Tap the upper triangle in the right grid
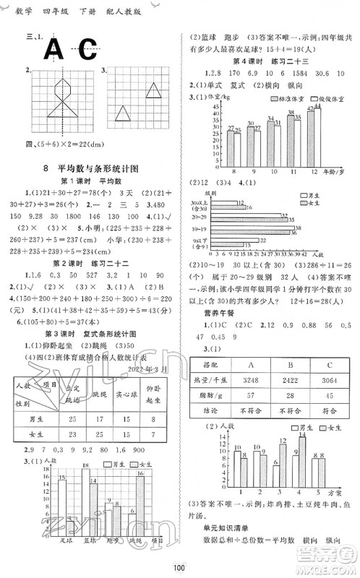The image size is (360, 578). click(x=153, y=90)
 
